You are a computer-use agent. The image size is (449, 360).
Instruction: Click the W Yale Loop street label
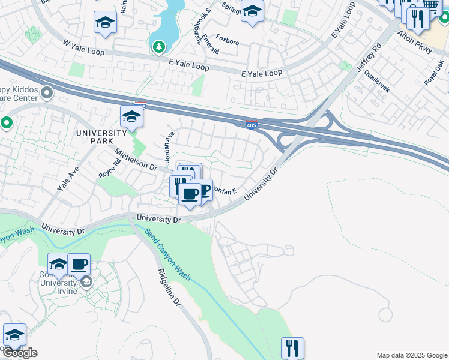[x=83, y=48]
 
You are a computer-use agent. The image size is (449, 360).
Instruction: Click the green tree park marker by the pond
[x=158, y=46]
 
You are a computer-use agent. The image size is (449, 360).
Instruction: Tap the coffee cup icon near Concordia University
[x=79, y=263]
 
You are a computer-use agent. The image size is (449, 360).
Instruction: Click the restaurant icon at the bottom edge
[x=292, y=347]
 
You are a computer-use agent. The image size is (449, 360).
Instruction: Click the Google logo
[x=20, y=353]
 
